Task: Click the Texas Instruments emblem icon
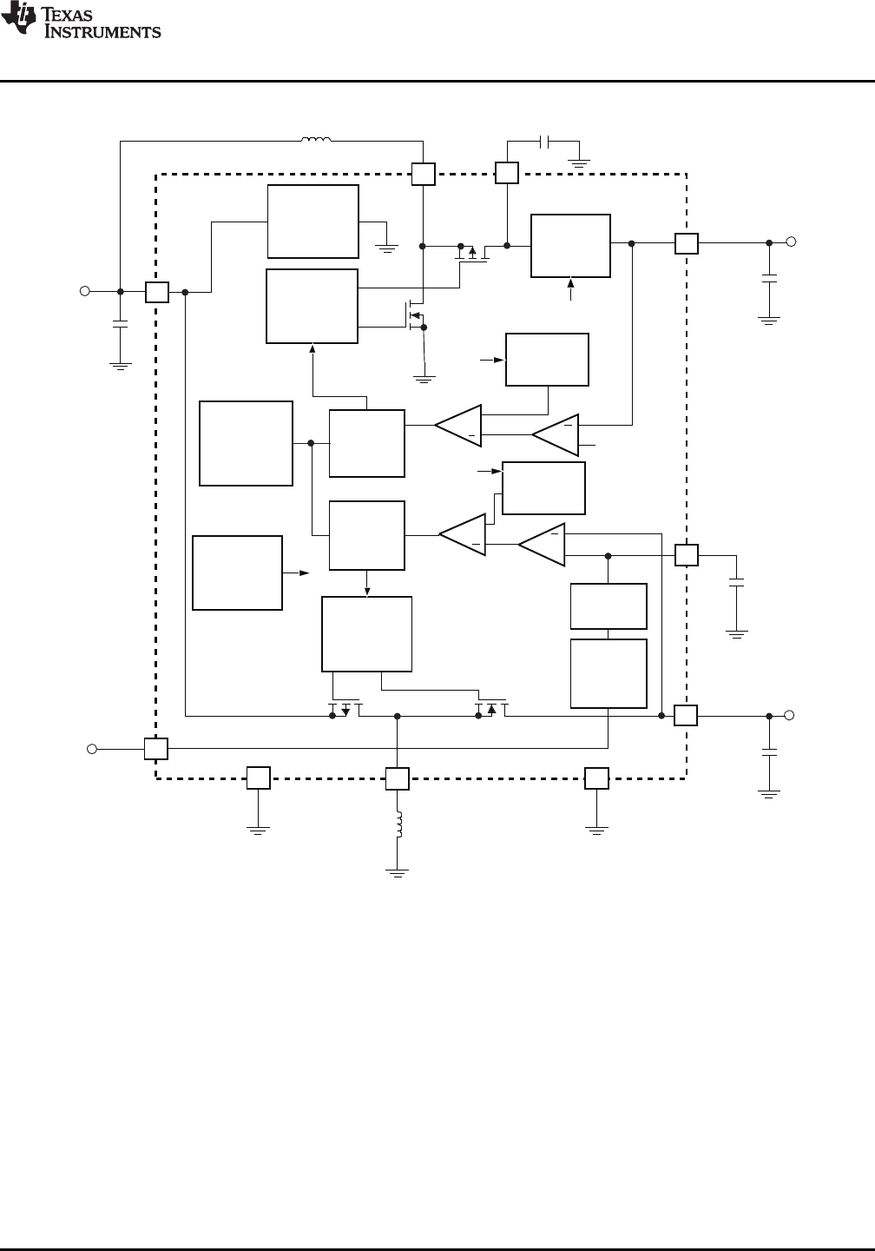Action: pyautogui.click(x=18, y=17)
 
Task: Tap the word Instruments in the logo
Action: pyautogui.click(x=102, y=31)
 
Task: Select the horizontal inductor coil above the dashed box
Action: pyautogui.click(x=316, y=139)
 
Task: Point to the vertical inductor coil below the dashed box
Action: pyautogui.click(x=398, y=824)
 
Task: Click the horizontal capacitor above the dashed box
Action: pyautogui.click(x=544, y=142)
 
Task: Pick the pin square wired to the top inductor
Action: pyautogui.click(x=423, y=174)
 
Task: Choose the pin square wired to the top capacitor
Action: pyautogui.click(x=507, y=173)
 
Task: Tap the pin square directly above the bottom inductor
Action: pyautogui.click(x=398, y=778)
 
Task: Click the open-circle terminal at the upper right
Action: pyautogui.click(x=791, y=242)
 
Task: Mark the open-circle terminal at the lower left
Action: pyautogui.click(x=92, y=749)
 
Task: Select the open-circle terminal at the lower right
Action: pyautogui.click(x=789, y=716)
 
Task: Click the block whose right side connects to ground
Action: pyautogui.click(x=313, y=222)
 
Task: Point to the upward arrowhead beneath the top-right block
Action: pyautogui.click(x=570, y=283)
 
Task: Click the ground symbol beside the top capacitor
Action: pyautogui.click(x=579, y=164)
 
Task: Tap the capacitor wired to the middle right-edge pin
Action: pyautogui.click(x=737, y=582)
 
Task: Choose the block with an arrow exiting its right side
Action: pyautogui.click(x=237, y=573)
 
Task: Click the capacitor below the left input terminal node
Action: pyautogui.click(x=120, y=324)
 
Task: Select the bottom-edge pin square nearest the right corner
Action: pyautogui.click(x=596, y=778)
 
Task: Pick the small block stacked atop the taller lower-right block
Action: pyautogui.click(x=609, y=606)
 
